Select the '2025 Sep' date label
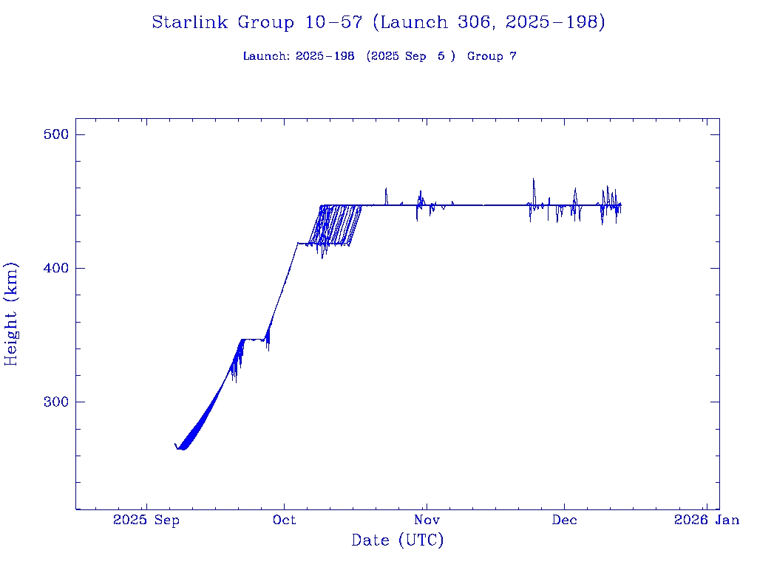click(x=146, y=520)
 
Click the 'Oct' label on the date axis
click(x=284, y=520)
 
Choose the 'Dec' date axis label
click(x=565, y=520)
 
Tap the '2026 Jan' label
click(x=706, y=520)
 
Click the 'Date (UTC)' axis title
click(x=398, y=541)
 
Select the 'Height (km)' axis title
click(x=11, y=313)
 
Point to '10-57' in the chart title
click(x=333, y=23)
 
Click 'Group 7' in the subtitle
click(x=492, y=57)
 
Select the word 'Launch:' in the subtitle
click(x=266, y=57)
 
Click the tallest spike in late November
click(x=533, y=179)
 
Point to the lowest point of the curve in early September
click(x=182, y=449)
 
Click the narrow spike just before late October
click(x=386, y=189)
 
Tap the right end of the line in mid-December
click(x=621, y=205)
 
